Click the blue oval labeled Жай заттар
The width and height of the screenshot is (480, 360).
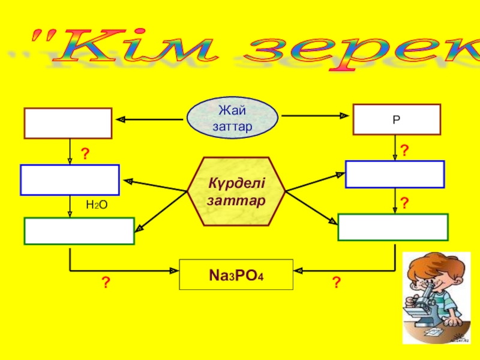pyautogui.click(x=232, y=118)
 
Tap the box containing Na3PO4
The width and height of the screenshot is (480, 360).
pyautogui.click(x=236, y=275)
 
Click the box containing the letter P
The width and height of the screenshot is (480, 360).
pyautogui.click(x=396, y=119)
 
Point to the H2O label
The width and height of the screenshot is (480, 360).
pyautogui.click(x=97, y=205)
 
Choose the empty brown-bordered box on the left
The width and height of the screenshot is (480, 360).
pyautogui.click(x=68, y=123)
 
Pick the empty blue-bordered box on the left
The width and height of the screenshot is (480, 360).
pyautogui.click(x=70, y=180)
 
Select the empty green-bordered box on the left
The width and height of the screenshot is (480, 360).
pyautogui.click(x=79, y=231)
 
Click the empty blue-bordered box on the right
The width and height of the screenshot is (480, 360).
pyautogui.click(x=395, y=175)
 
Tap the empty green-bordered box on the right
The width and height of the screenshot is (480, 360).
pyautogui.click(x=393, y=227)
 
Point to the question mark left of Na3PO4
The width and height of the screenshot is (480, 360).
pyautogui.click(x=106, y=281)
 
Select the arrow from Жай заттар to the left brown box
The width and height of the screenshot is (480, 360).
pyautogui.click(x=150, y=119)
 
